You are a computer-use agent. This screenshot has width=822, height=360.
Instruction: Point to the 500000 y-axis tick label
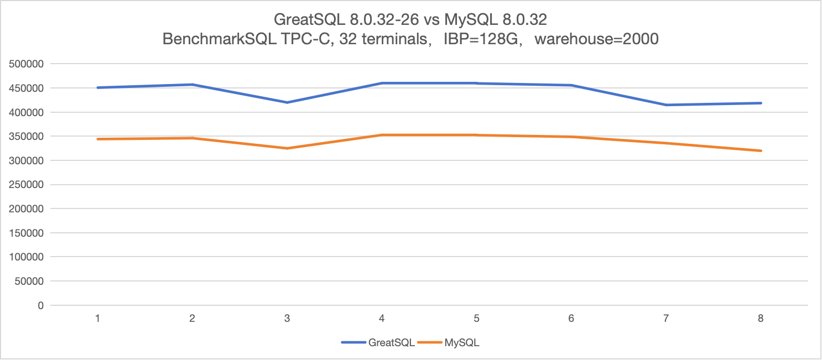[27, 64]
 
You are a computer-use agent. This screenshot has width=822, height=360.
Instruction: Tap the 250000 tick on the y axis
[27, 185]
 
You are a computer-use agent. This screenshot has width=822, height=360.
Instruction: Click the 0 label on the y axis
[40, 305]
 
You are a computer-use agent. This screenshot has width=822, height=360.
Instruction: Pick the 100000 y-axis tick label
[27, 257]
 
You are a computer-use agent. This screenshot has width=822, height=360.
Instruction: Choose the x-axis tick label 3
[287, 319]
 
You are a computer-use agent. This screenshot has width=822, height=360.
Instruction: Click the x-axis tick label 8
[761, 319]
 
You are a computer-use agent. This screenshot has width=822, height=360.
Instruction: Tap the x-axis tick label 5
[476, 319]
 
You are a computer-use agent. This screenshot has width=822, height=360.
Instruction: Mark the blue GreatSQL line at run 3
[287, 102]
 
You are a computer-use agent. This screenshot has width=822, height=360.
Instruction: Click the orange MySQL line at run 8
[761, 150]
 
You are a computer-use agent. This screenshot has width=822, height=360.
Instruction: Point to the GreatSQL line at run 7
[666, 105]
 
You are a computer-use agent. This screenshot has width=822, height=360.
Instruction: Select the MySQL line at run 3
[287, 148]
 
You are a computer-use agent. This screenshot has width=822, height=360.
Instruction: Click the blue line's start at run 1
[98, 87]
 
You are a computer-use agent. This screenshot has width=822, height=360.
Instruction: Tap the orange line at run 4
[382, 135]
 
